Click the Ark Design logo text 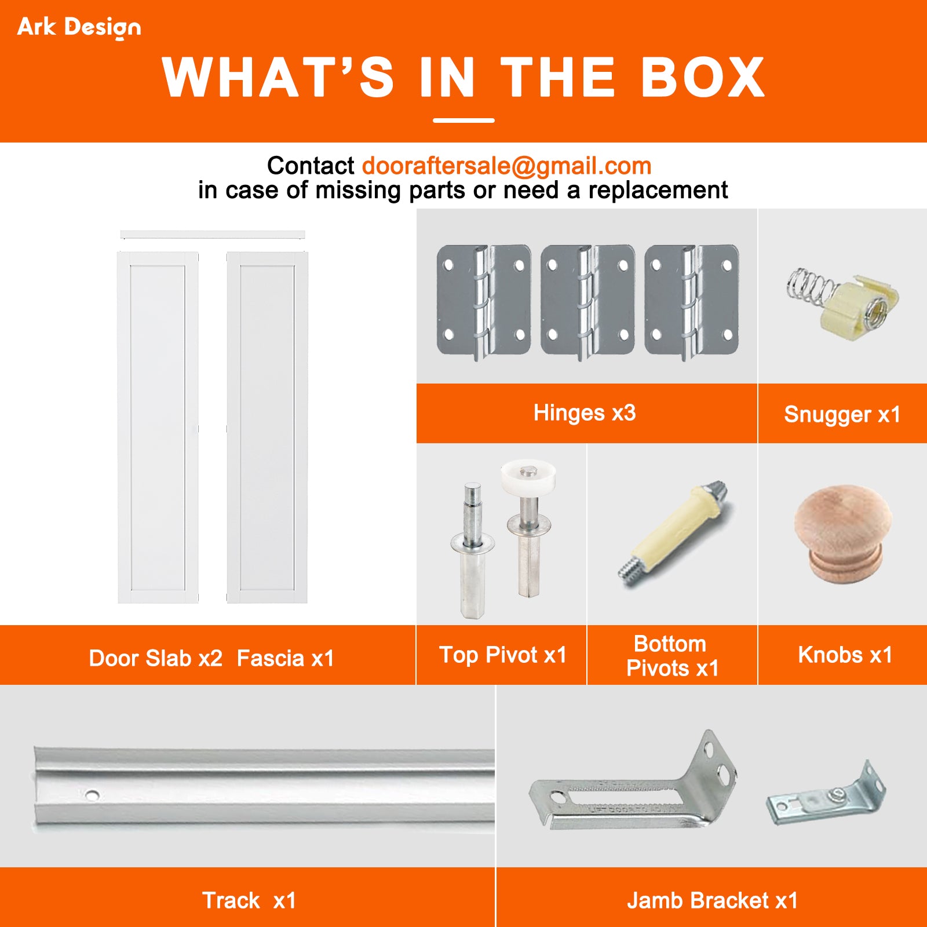click(x=79, y=27)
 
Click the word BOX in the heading click(x=703, y=78)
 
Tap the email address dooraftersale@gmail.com click(x=506, y=166)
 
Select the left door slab click(x=158, y=428)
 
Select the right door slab click(x=267, y=428)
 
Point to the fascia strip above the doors click(x=212, y=234)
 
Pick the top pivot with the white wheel click(x=528, y=521)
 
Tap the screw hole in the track click(x=92, y=795)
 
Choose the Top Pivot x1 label click(x=502, y=655)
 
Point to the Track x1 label click(x=249, y=900)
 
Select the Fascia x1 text click(x=285, y=659)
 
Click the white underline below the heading click(x=463, y=121)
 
